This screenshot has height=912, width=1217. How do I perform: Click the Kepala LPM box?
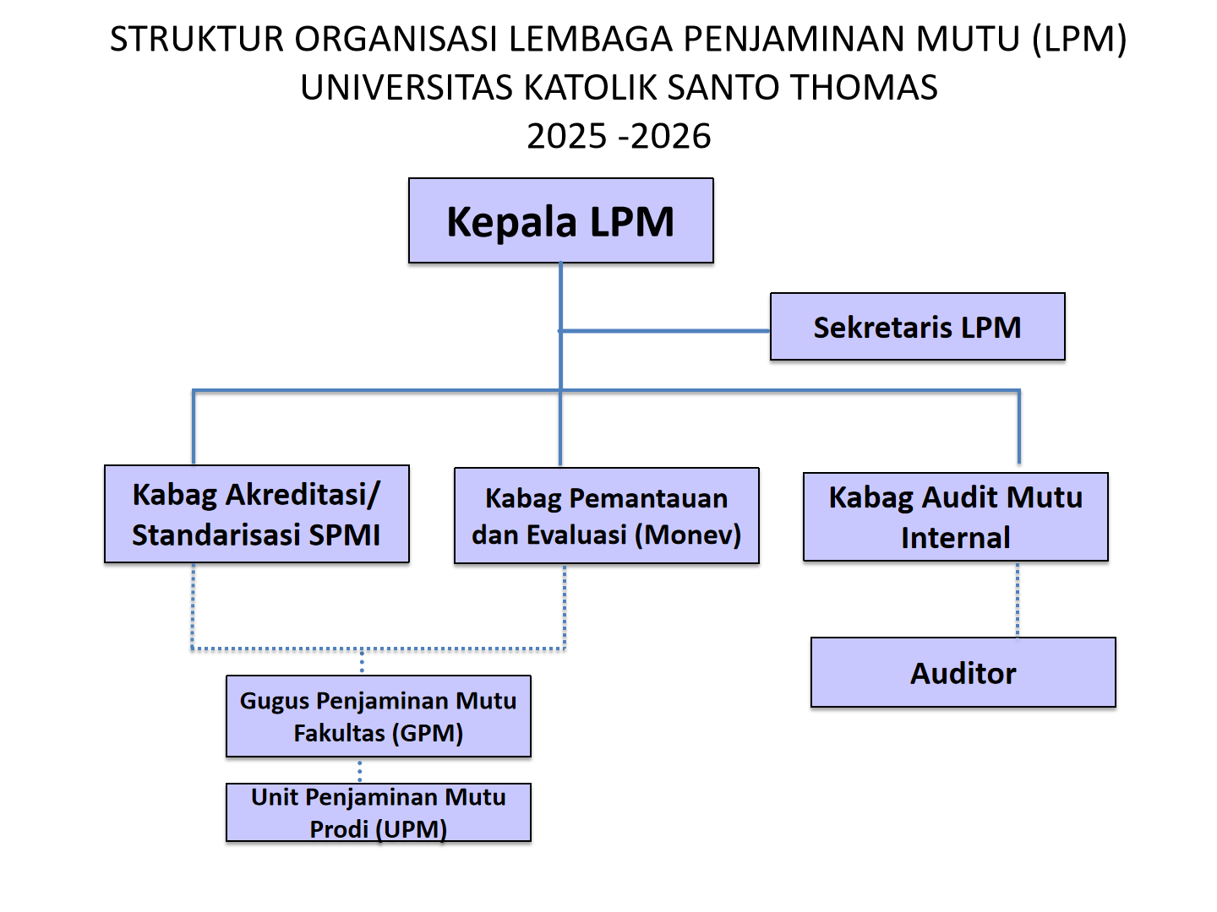(x=560, y=220)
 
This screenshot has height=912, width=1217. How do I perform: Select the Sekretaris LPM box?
(x=917, y=327)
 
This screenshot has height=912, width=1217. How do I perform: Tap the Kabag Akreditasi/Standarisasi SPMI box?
(x=257, y=514)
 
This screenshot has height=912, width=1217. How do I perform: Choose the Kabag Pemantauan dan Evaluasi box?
(x=607, y=515)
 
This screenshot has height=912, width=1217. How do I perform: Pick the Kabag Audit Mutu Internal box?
(x=955, y=517)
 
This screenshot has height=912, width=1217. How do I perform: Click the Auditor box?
(x=963, y=672)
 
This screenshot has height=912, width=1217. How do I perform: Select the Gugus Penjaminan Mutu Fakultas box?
(x=378, y=716)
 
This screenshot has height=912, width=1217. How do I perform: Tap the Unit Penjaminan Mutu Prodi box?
(x=378, y=812)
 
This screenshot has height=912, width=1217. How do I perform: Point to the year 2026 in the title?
(x=671, y=136)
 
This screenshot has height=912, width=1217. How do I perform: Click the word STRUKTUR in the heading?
(x=197, y=40)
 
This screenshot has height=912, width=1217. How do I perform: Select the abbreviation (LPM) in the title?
(x=1079, y=40)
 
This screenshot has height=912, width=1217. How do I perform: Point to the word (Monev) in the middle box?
(x=687, y=535)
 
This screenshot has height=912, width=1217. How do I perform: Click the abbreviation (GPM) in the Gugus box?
(x=428, y=733)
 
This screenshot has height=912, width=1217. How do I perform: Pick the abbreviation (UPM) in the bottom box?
(x=411, y=829)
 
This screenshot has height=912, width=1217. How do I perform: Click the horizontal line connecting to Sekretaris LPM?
(x=664, y=331)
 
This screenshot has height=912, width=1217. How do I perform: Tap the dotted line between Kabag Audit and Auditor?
(x=1018, y=600)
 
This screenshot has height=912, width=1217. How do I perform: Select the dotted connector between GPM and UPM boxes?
(x=360, y=770)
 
